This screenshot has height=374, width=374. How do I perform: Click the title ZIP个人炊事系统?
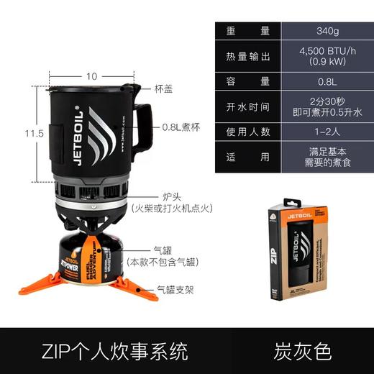tap(115, 352)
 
